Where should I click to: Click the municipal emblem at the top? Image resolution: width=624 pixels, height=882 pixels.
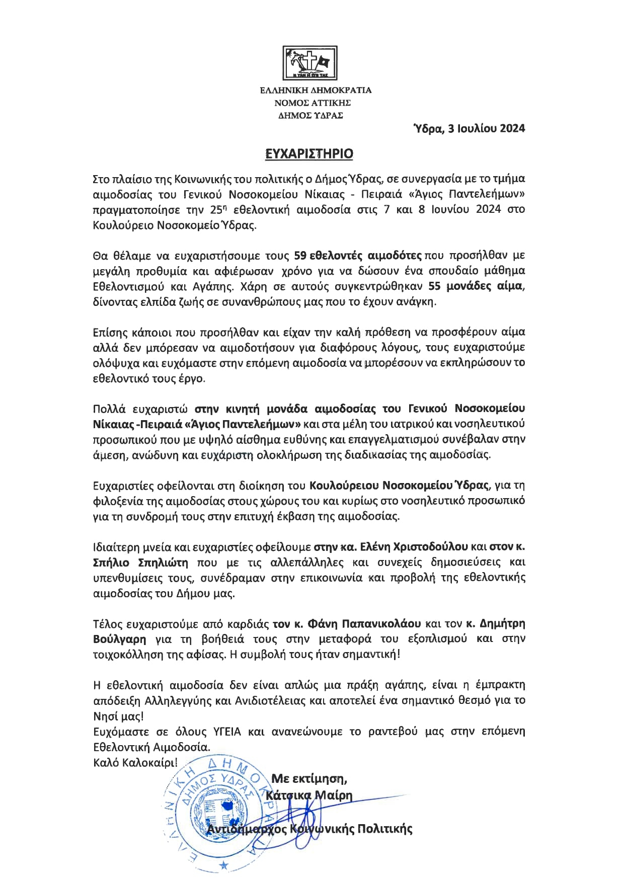[309, 63]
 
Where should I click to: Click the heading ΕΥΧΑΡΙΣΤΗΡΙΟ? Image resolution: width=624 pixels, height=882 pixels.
[309, 153]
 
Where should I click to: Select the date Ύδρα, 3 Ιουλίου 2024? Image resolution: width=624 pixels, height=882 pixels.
[469, 128]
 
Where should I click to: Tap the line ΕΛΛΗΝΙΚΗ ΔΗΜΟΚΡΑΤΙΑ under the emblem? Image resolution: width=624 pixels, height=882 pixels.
[316, 91]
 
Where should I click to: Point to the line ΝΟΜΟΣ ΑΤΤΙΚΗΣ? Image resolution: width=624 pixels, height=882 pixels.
[313, 103]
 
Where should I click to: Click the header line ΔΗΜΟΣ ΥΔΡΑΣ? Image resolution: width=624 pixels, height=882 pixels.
[310, 115]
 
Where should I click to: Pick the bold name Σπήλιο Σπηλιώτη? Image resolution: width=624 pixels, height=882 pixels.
[141, 563]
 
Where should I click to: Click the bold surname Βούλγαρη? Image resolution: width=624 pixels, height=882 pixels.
[120, 639]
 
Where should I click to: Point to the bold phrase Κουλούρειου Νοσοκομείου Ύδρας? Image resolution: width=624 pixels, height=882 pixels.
[399, 486]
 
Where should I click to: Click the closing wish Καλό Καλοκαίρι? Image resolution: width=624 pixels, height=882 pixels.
[135, 762]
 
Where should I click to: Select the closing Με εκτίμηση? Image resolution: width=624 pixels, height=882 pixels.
[309, 779]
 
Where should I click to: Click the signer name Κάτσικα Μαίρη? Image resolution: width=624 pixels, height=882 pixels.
[309, 796]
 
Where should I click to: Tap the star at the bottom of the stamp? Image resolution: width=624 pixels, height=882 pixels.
[224, 865]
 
